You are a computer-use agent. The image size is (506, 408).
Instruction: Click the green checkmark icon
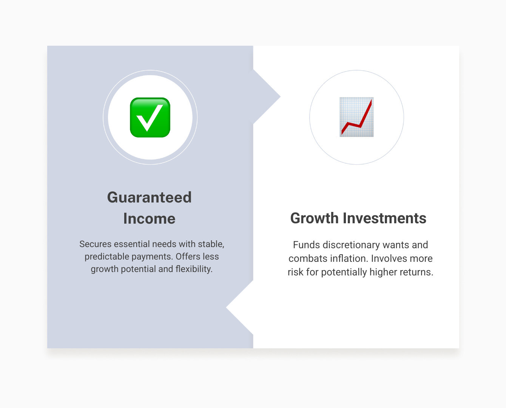coord(150,117)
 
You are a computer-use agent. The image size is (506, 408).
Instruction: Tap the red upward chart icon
coord(356,117)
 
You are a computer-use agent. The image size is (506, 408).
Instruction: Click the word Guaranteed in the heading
coord(149,197)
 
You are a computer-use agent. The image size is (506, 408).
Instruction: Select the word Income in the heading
coord(149,219)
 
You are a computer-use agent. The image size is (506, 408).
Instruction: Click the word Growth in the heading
coord(315,218)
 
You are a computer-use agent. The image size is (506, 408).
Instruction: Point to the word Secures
coord(95,244)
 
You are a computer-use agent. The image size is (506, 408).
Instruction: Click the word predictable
coord(106,257)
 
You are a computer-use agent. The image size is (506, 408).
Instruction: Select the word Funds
coord(306,245)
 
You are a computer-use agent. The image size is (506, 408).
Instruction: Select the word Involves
coord(389,258)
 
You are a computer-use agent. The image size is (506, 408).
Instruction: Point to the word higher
coord(382,272)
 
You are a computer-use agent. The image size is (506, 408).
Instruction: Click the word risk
coord(296,272)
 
